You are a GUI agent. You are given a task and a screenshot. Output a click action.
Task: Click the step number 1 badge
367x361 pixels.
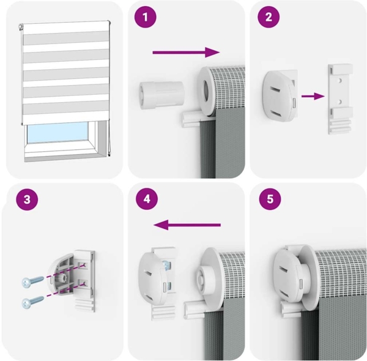pyautogui.click(x=144, y=18)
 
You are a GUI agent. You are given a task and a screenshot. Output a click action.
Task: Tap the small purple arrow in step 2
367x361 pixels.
pyautogui.click(x=313, y=95)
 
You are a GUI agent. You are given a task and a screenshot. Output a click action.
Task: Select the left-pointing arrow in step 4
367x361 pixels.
pyautogui.click(x=187, y=225)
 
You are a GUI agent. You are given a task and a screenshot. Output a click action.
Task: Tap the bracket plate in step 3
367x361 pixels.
pyautogui.click(x=85, y=278)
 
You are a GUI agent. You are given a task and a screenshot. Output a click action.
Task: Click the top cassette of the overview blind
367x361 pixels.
pyautogui.click(x=64, y=24)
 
